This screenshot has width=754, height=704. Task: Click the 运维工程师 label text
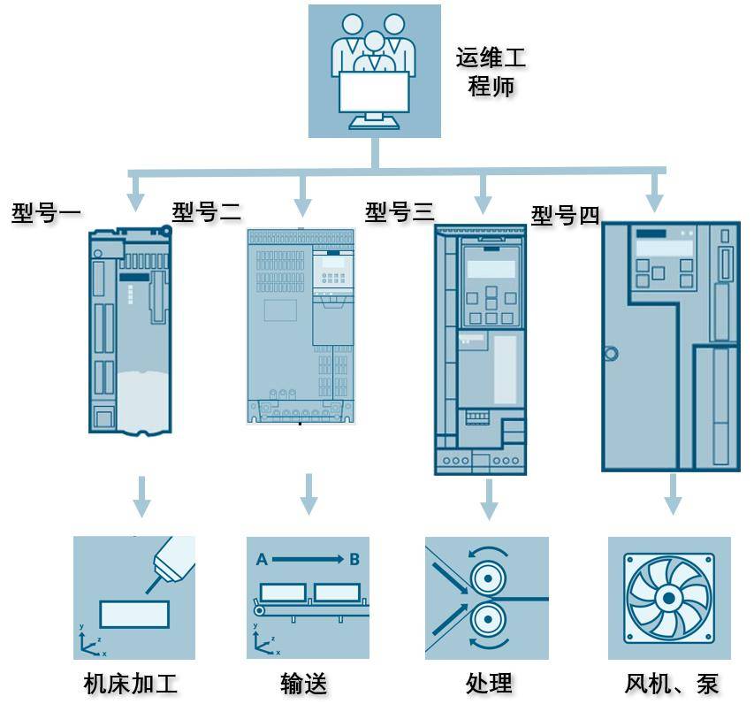491,72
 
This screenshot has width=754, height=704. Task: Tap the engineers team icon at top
374,71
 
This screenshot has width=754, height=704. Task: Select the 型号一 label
46,213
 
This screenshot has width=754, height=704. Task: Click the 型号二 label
206,211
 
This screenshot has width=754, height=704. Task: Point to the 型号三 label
400,211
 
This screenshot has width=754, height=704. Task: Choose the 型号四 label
565,216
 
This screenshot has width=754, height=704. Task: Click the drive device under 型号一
130,331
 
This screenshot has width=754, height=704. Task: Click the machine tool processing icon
133,597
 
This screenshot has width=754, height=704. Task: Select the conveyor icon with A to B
308,597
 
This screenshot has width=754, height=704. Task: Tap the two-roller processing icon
486,597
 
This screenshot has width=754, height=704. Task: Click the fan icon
669,597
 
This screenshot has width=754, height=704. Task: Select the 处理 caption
488,684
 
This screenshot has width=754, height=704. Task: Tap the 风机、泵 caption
671,684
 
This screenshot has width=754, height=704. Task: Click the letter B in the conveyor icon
354,559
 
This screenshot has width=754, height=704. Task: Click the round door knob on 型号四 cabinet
609,355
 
